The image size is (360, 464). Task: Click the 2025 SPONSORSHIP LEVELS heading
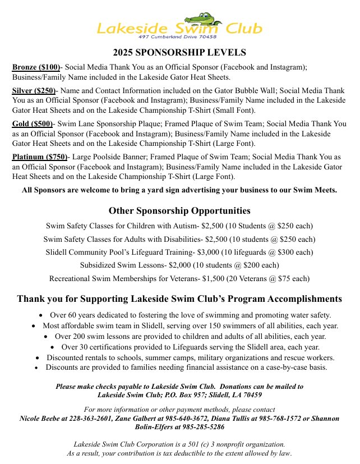click(179, 53)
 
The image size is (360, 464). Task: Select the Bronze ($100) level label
click(36, 67)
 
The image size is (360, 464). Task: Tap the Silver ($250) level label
click(34, 90)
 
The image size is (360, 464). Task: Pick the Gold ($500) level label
click(33, 123)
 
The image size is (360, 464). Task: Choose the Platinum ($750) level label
click(40, 157)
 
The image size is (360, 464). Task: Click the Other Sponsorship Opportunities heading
click(179, 211)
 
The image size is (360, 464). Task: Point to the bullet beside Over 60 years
click(42, 315)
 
